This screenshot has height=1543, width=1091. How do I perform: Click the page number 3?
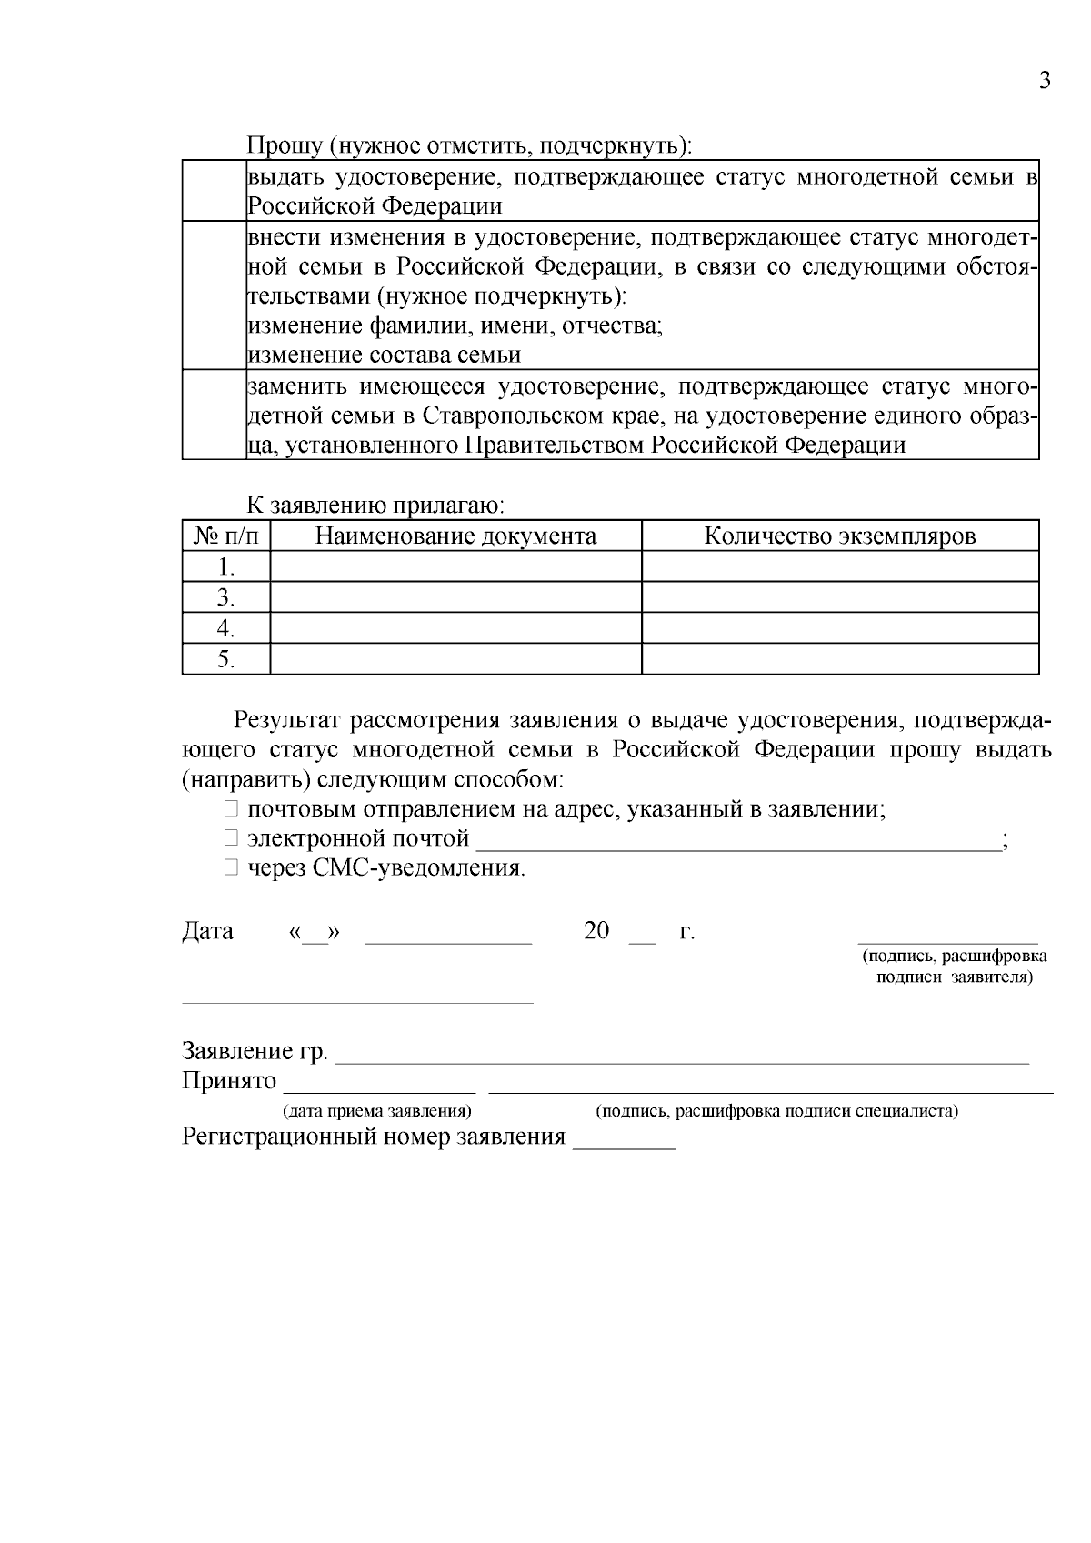pos(1045,81)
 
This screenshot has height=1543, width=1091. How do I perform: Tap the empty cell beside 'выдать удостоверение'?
pos(214,191)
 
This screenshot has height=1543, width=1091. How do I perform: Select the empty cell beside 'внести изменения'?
pos(214,296)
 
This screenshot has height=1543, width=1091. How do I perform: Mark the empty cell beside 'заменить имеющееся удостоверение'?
pos(214,415)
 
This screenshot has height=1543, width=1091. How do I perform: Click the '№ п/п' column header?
pos(226,536)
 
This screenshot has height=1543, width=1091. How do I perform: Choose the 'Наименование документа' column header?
pos(455,536)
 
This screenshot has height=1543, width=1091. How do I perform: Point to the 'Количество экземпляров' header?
pos(840,536)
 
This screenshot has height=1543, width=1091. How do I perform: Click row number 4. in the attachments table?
pos(226,628)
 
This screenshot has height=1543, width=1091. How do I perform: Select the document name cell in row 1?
pos(455,567)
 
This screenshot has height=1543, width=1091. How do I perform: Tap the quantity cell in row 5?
pos(840,659)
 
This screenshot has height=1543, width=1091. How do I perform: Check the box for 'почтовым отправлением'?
pos(232,809)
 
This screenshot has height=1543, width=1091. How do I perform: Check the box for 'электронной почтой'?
pos(232,838)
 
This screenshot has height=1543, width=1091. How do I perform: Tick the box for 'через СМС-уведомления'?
pos(232,867)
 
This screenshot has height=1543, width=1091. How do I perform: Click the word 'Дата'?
pos(208,931)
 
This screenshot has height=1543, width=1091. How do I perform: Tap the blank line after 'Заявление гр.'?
pos(682,1055)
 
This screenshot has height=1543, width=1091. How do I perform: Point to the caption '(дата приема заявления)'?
pos(377,1111)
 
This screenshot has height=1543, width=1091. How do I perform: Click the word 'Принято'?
pos(229,1081)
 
